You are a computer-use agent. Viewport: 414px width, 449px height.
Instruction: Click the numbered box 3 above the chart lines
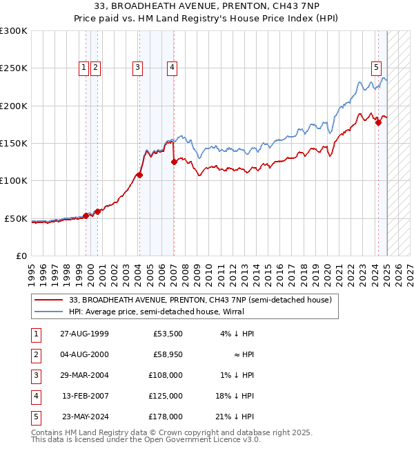pyautogui.click(x=138, y=68)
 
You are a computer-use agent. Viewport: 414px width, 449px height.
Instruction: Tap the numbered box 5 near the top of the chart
pyautogui.click(x=376, y=68)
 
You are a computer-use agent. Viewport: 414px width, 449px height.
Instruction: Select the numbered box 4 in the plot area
pyautogui.click(x=171, y=68)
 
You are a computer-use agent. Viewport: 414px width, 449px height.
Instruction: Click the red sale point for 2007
pyautogui.click(x=173, y=162)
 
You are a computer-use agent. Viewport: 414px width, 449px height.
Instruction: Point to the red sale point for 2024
pyautogui.click(x=378, y=122)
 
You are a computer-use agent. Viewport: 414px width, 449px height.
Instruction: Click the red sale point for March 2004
pyautogui.click(x=139, y=175)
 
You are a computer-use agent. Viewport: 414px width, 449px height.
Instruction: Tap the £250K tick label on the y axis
pyautogui.click(x=14, y=68)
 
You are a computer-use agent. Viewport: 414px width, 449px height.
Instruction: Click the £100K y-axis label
pyautogui.click(x=14, y=181)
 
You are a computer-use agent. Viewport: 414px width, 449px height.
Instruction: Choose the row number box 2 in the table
pyautogui.click(x=34, y=354)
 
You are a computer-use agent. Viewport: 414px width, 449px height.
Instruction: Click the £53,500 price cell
pyautogui.click(x=168, y=334)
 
